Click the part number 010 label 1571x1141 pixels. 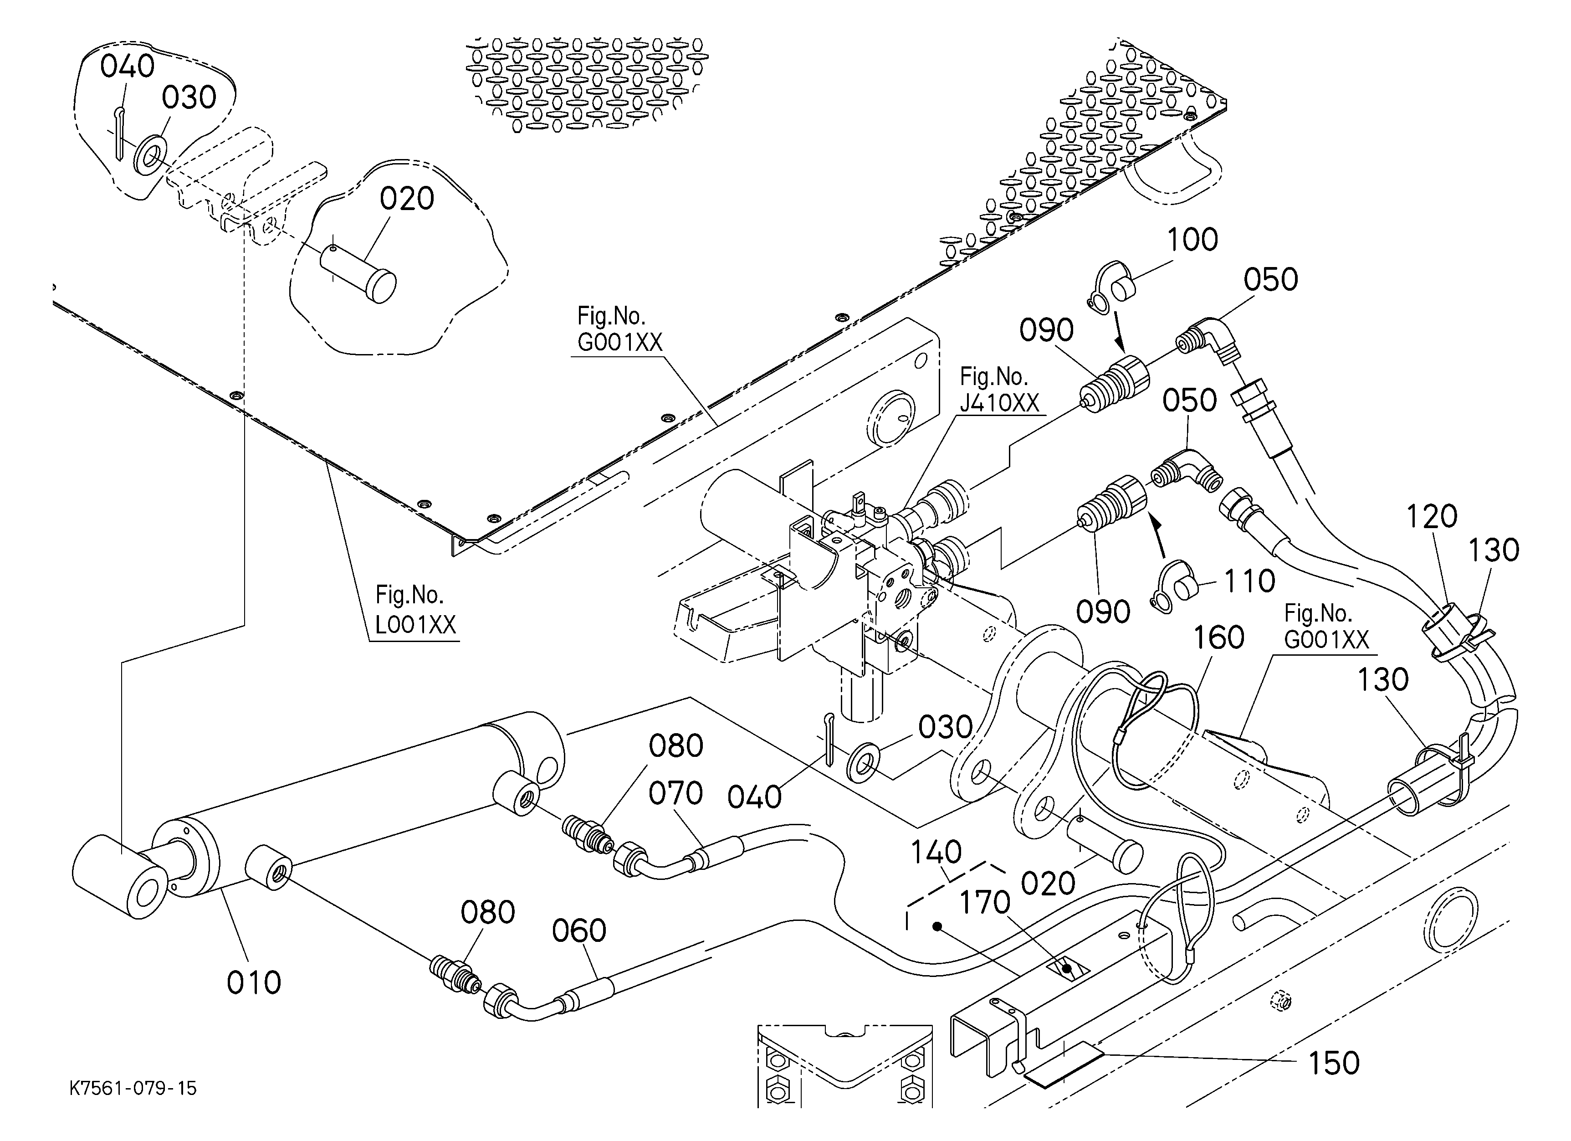254,982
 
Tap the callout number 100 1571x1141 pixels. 1192,240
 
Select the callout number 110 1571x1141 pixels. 1249,581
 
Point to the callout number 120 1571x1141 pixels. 1432,517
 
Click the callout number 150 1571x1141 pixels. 1333,1063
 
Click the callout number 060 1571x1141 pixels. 579,930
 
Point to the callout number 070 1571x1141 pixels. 675,794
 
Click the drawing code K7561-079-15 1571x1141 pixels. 133,1088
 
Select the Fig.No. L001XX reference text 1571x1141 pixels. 415,610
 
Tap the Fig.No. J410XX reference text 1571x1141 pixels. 999,390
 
